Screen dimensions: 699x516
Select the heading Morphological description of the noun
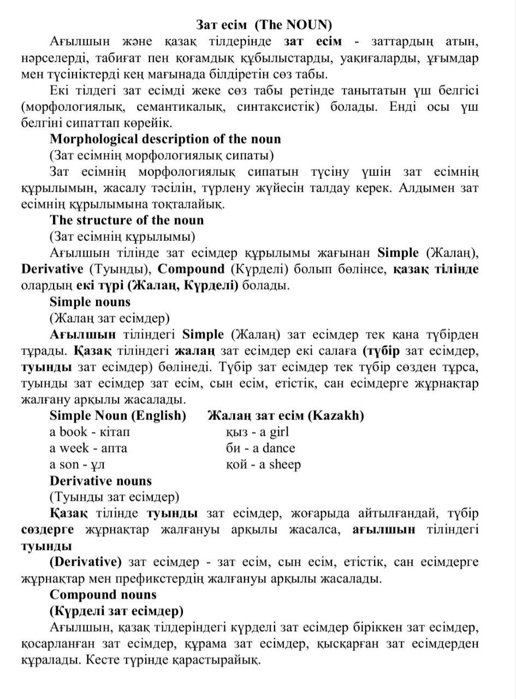pyautogui.click(x=165, y=139)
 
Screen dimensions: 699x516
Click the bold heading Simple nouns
pyautogui.click(x=90, y=302)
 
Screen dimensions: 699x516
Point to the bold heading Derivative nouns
pyautogui.click(x=100, y=481)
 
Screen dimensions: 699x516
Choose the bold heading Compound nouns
pyautogui.click(x=103, y=595)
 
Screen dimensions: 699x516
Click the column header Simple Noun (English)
pyautogui.click(x=117, y=416)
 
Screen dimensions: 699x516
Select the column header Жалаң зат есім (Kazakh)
pyautogui.click(x=286, y=416)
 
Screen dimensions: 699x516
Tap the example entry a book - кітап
pyautogui.click(x=90, y=432)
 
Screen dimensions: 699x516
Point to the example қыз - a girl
pyautogui.click(x=257, y=432)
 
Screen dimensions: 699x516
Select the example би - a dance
pyautogui.click(x=260, y=448)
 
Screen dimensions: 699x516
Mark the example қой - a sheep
pyautogui.click(x=263, y=465)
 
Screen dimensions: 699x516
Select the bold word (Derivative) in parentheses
pyautogui.click(x=86, y=562)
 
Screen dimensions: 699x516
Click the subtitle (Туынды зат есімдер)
pyautogui.click(x=114, y=497)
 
